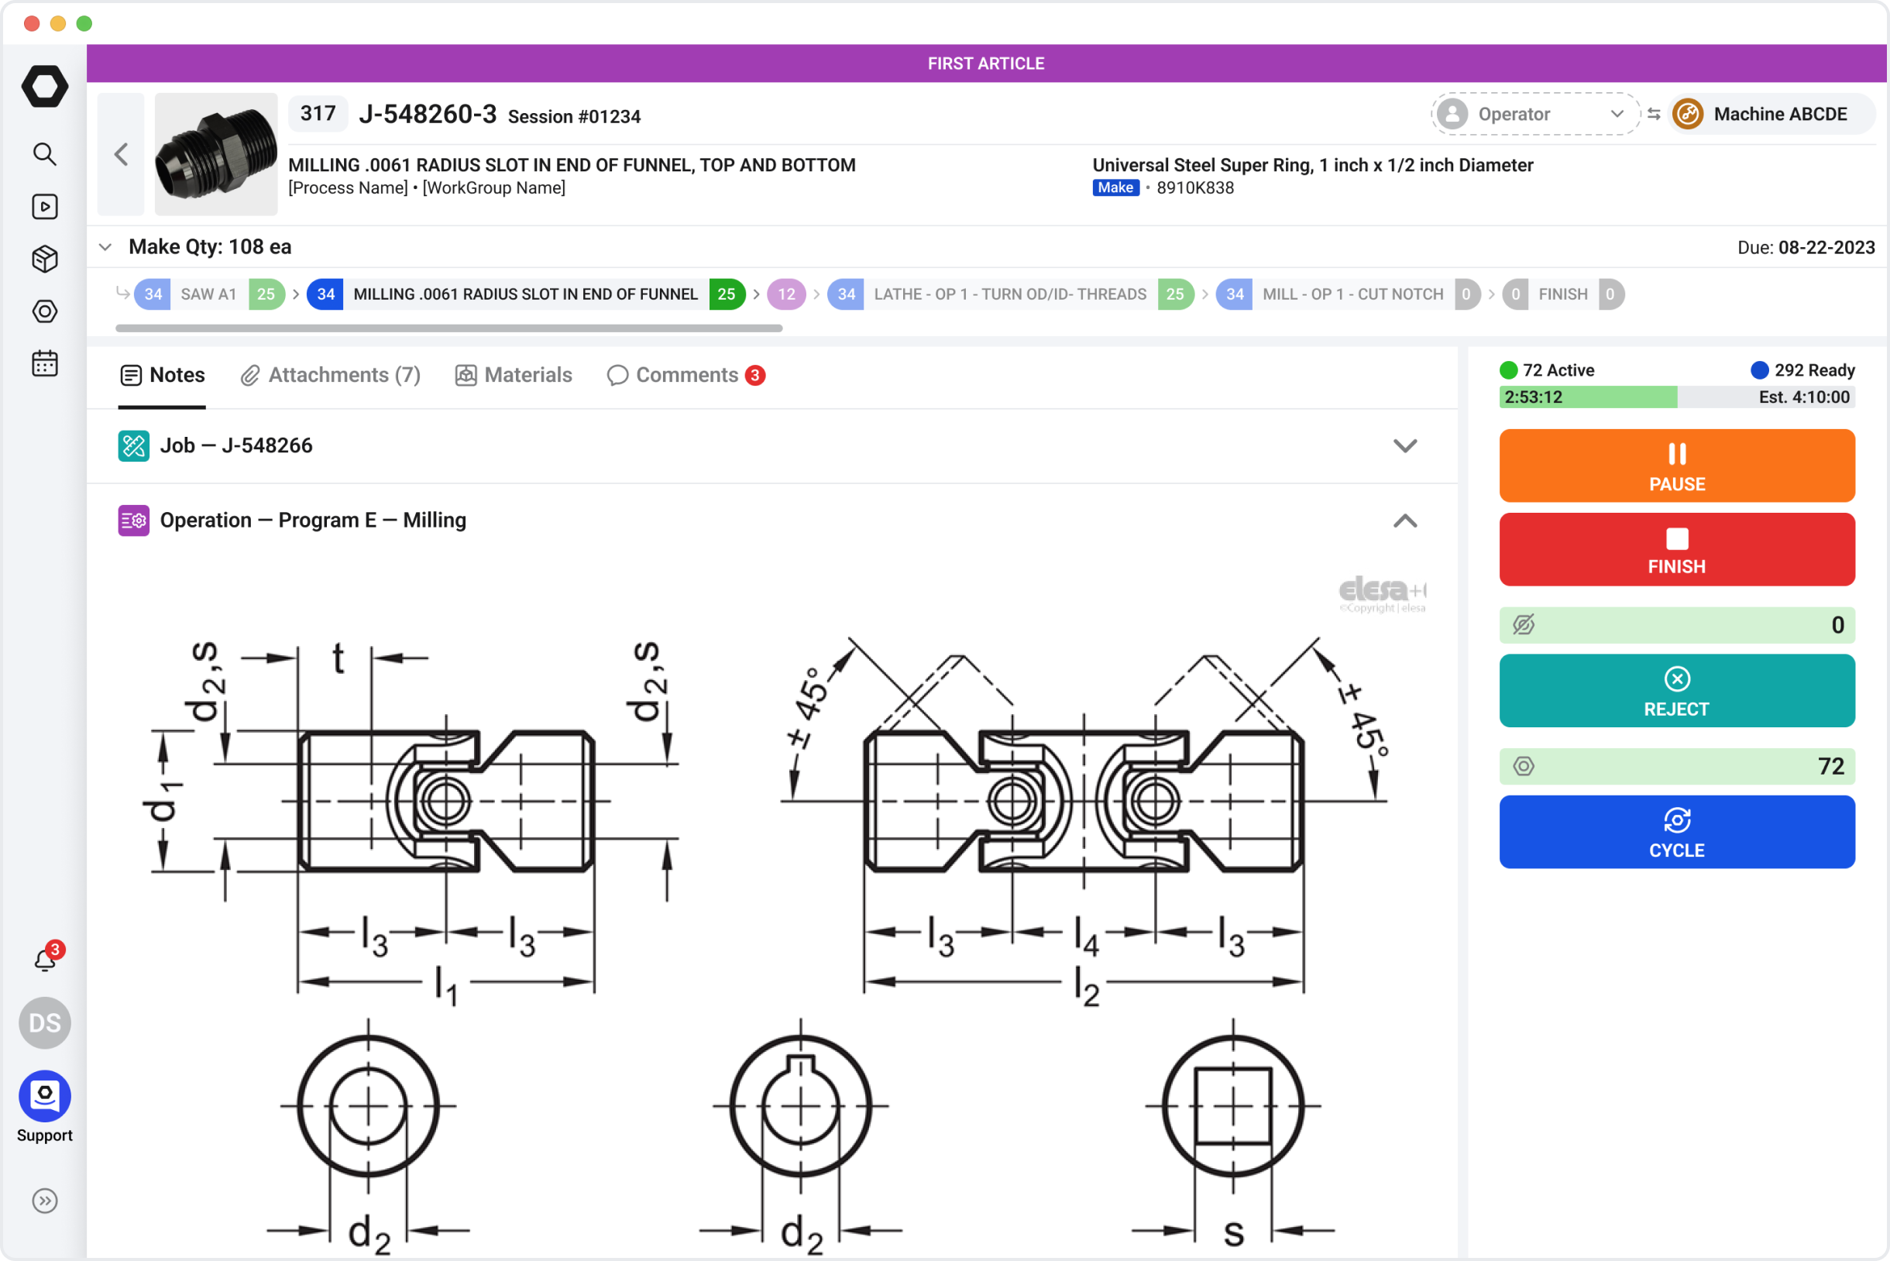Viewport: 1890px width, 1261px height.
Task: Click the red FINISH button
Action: (x=1676, y=549)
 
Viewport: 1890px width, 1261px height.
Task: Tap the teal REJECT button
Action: (x=1676, y=691)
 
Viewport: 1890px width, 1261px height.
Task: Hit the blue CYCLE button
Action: (x=1676, y=833)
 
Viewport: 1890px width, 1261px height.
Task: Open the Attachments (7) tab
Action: (x=331, y=376)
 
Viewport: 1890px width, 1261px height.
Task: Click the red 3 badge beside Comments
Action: (x=754, y=376)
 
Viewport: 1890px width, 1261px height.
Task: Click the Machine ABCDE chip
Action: (x=1769, y=114)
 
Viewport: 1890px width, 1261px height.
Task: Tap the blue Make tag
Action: (x=1115, y=188)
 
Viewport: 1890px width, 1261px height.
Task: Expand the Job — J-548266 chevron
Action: (x=1404, y=445)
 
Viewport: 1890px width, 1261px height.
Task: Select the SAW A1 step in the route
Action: (x=208, y=294)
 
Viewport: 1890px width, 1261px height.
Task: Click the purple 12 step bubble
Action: (x=785, y=294)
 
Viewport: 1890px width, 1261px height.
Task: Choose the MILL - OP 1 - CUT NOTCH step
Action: (x=1351, y=294)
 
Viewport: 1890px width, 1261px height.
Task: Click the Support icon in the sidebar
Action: (x=45, y=1096)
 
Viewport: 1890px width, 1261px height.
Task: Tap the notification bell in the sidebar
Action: (x=45, y=960)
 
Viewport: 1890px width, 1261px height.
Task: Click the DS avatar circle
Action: (x=45, y=1023)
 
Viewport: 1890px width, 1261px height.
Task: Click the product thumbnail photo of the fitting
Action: (x=215, y=154)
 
